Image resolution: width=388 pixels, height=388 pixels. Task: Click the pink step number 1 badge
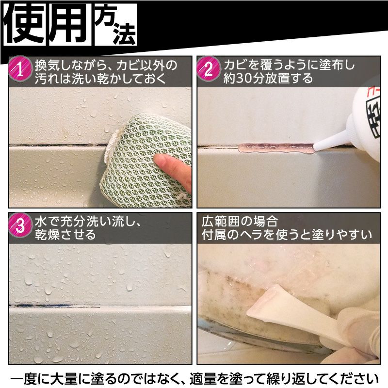coord(20,71)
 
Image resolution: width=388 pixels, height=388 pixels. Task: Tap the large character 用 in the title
coord(69,24)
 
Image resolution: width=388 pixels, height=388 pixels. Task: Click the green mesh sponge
coord(145,155)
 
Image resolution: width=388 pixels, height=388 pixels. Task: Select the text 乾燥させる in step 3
coord(65,235)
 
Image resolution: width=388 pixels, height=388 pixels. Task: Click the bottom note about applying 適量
coord(194,376)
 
